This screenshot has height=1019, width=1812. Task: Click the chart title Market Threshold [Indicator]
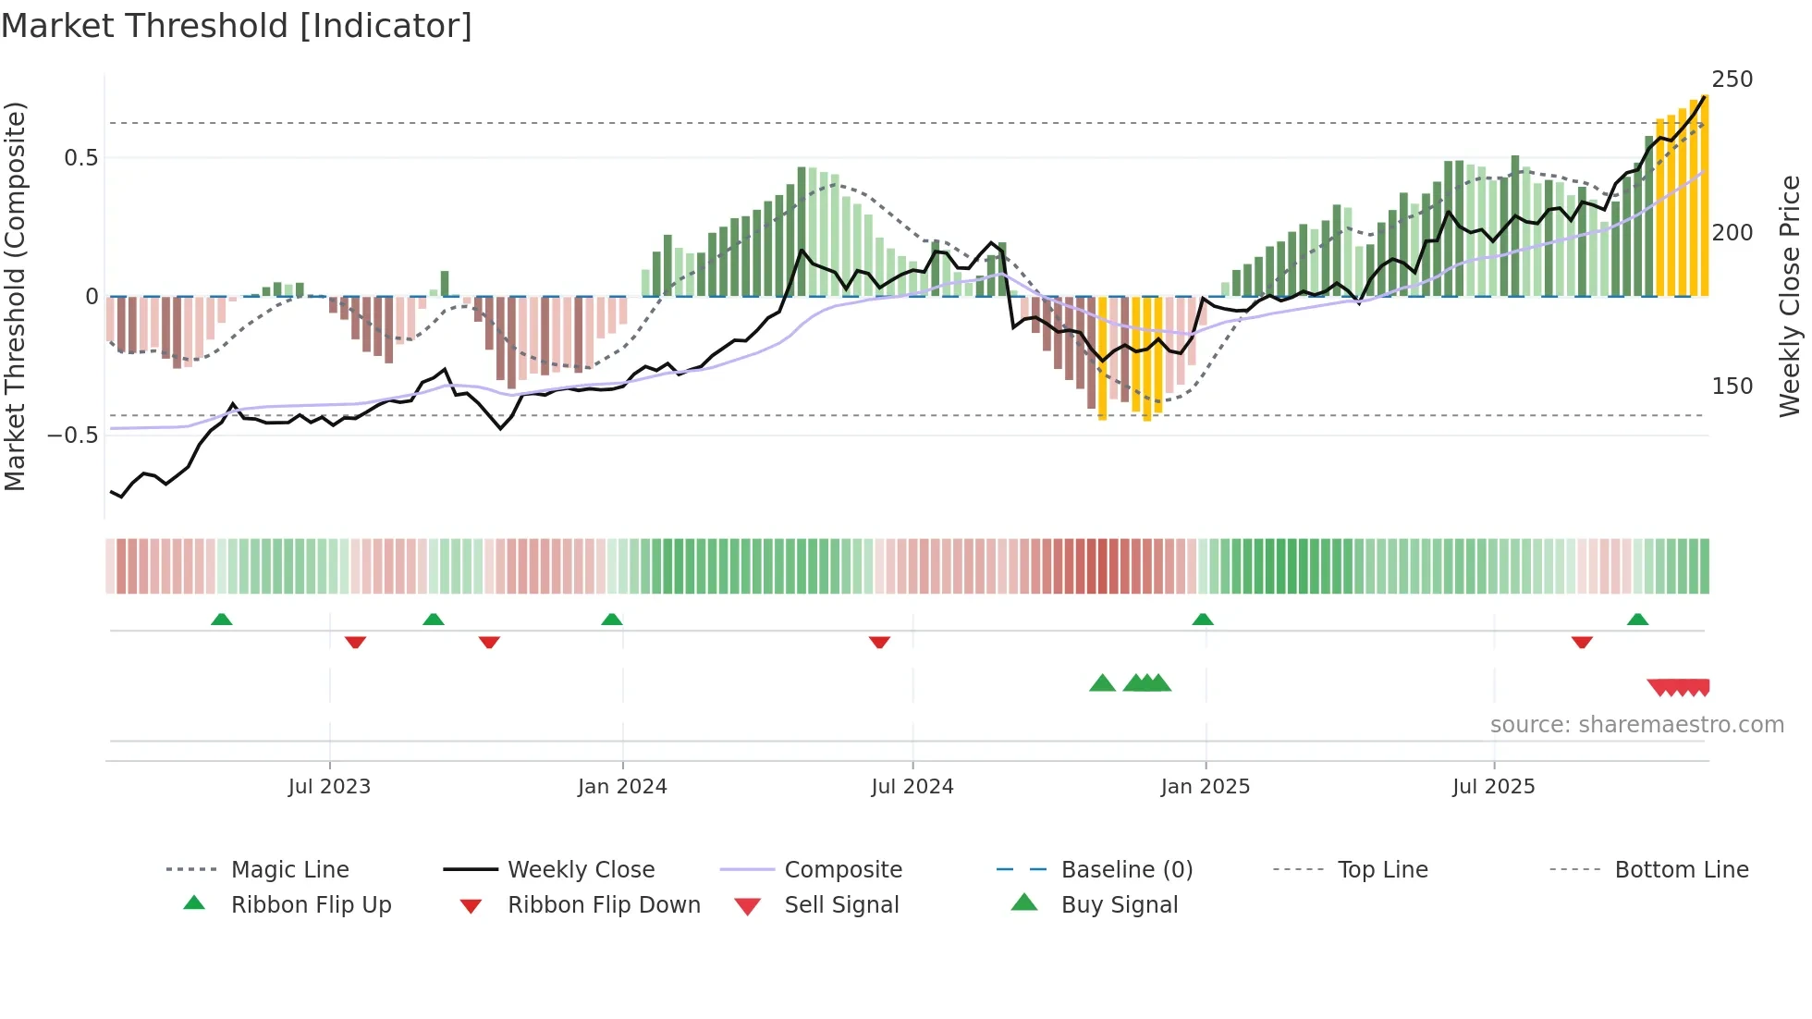click(237, 26)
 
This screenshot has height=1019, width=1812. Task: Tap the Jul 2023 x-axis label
click(329, 787)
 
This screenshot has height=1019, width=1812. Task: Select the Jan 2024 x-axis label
click(622, 787)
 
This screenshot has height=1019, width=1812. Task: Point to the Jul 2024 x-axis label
click(912, 787)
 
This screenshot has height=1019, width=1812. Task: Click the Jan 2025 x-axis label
click(1206, 787)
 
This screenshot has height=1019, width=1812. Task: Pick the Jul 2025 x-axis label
click(1494, 787)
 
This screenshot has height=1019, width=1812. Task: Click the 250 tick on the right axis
click(1732, 80)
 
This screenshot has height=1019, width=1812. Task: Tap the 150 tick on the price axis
click(1732, 387)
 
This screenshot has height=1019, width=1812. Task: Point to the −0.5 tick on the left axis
click(72, 435)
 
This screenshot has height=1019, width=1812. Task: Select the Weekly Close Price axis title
click(1790, 296)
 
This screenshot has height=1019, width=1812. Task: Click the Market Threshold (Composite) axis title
click(15, 296)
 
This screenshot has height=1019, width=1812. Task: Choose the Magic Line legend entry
click(289, 870)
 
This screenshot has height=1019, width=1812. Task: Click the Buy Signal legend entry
click(1119, 905)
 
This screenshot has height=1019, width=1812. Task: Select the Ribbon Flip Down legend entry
click(604, 905)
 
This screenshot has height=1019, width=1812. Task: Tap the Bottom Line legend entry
click(1681, 870)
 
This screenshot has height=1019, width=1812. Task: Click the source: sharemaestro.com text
click(1636, 725)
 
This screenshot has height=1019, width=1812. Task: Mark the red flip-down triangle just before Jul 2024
click(879, 642)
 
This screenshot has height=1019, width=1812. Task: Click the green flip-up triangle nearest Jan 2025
click(1203, 620)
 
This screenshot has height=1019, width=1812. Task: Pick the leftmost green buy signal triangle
click(1102, 683)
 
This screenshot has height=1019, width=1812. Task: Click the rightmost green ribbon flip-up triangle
click(1637, 620)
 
